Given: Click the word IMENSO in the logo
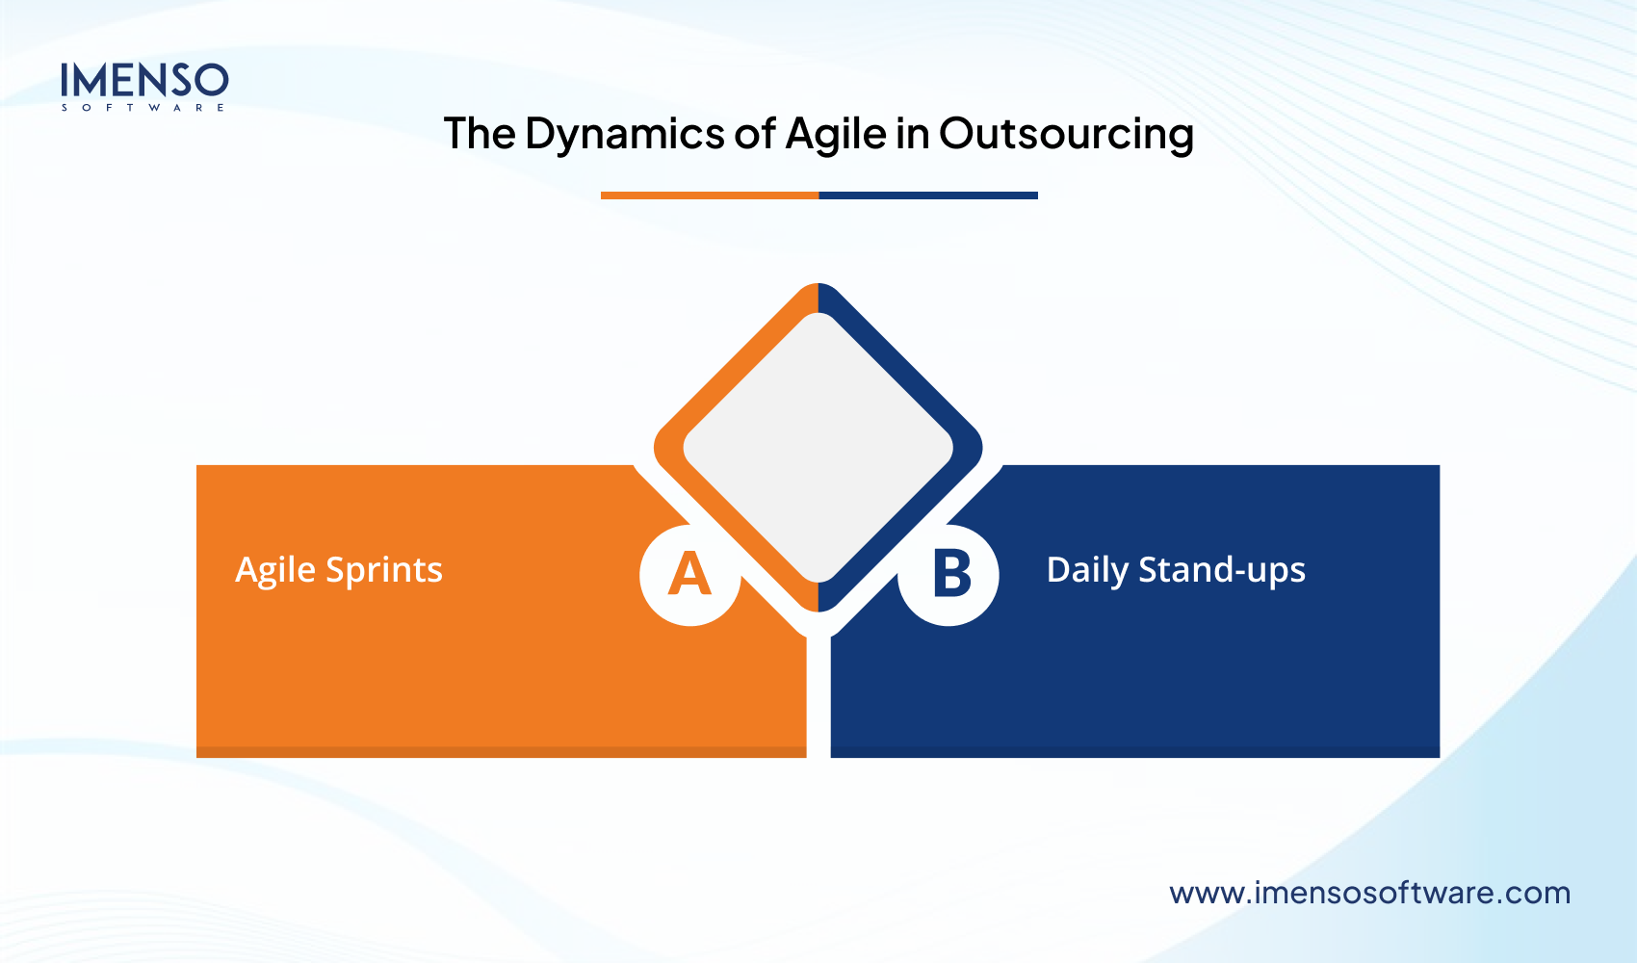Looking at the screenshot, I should [144, 81].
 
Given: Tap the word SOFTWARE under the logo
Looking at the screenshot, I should [143, 108].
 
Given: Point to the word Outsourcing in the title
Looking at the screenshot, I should [1066, 134].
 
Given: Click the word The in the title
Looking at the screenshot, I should [479, 134].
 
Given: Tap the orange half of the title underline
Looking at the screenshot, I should [709, 195].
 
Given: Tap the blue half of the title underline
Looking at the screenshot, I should [928, 195].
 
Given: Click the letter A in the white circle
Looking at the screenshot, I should [689, 575].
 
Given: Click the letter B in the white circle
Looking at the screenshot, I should [951, 575].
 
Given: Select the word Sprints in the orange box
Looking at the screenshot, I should [384, 570].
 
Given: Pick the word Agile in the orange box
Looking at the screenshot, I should [275, 570].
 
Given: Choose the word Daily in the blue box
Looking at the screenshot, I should [1087, 570].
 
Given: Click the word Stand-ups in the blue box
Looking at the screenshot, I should [1222, 570].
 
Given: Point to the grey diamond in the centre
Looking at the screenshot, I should [818, 448].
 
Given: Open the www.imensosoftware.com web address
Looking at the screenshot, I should [1369, 893].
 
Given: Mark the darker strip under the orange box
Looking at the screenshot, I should [501, 752].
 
